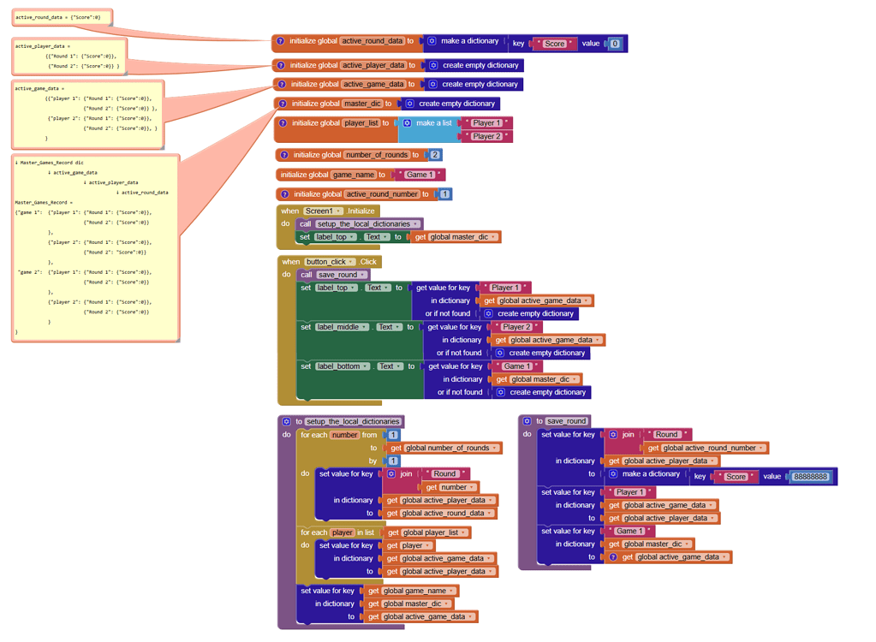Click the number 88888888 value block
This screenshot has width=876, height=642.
click(x=810, y=476)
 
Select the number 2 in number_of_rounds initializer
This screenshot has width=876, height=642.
click(x=435, y=155)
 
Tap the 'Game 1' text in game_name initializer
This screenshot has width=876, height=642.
click(x=420, y=175)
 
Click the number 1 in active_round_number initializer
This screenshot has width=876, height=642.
click(x=444, y=194)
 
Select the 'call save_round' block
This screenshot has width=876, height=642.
click(x=333, y=275)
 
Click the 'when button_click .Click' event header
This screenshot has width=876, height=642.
click(x=329, y=262)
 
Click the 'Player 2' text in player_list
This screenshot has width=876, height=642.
click(x=486, y=136)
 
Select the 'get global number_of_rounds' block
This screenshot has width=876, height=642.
click(x=443, y=448)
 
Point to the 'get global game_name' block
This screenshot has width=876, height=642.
click(x=410, y=591)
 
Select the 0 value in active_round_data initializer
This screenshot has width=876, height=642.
click(x=614, y=44)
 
